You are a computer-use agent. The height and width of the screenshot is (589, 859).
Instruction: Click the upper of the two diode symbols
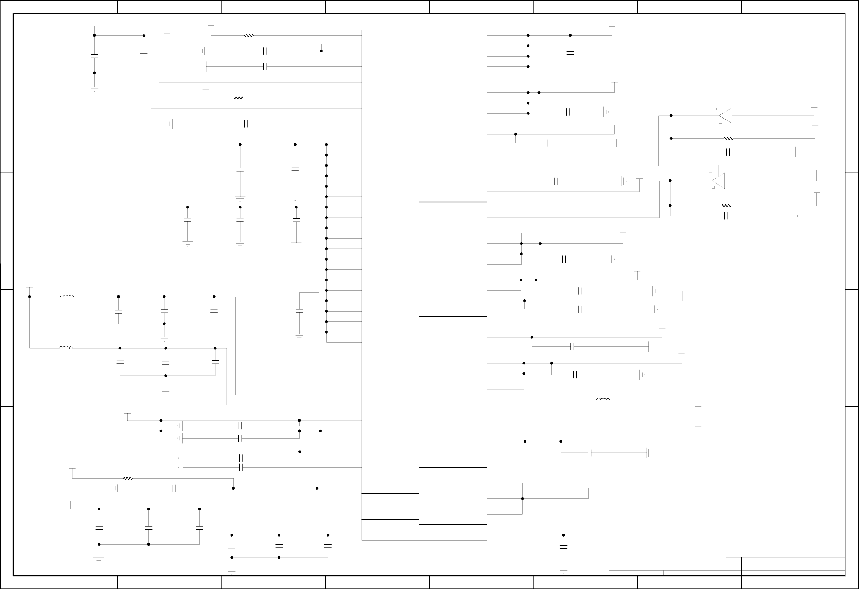(x=726, y=116)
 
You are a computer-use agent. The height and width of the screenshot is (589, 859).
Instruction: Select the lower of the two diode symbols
(x=718, y=181)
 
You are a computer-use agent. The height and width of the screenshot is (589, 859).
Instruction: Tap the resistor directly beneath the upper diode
(x=728, y=138)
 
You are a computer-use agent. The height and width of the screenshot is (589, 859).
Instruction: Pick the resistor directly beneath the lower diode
(x=726, y=206)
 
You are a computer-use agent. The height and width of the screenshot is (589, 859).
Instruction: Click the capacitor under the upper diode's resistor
(x=728, y=152)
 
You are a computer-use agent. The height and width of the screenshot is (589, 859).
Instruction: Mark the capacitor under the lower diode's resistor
(x=726, y=216)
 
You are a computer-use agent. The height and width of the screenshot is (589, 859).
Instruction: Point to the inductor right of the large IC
(x=603, y=400)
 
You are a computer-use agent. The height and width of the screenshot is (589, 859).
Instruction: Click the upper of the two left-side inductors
(x=67, y=297)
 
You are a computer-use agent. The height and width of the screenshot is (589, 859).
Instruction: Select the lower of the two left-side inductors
(x=66, y=348)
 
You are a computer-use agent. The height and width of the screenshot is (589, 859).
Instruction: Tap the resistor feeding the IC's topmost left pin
(x=249, y=36)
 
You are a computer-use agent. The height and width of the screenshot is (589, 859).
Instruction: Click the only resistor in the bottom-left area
(x=128, y=479)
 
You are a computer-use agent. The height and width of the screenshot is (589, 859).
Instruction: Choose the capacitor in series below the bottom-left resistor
(x=174, y=488)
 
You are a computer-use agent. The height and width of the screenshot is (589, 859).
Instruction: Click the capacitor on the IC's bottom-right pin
(x=563, y=547)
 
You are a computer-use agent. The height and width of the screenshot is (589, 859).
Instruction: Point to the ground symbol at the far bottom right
(x=563, y=571)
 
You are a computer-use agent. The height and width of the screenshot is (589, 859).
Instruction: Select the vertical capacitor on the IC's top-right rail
(x=570, y=53)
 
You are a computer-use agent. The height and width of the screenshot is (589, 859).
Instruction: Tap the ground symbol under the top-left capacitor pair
(x=94, y=89)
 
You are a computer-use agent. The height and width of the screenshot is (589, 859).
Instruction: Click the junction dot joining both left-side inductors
(x=30, y=297)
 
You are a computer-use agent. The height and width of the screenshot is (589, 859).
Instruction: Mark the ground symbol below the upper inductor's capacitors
(x=164, y=338)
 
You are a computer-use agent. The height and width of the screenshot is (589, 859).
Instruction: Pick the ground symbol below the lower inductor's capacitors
(x=166, y=391)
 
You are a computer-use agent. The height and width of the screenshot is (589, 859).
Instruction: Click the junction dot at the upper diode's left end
(x=671, y=116)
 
